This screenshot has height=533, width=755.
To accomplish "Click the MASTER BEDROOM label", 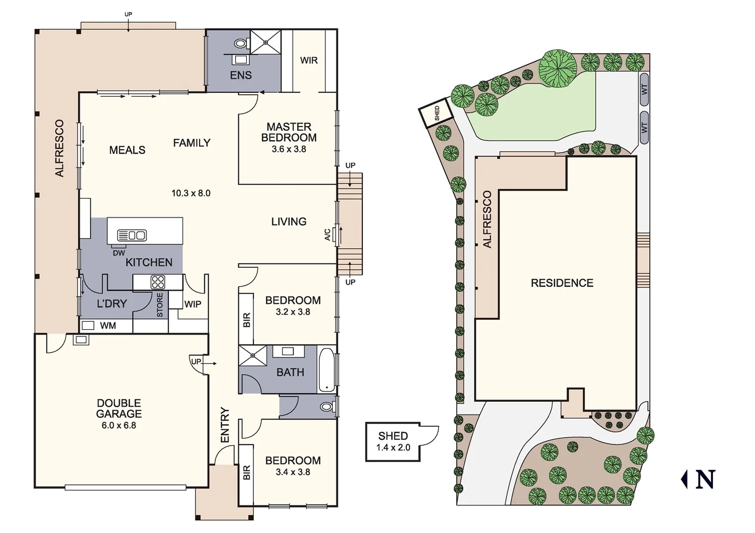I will [x=289, y=132].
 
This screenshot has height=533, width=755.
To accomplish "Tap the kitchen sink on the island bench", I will [x=131, y=235].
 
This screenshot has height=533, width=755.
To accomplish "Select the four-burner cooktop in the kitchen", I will [x=158, y=282].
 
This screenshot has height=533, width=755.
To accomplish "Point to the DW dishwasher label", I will [x=119, y=253].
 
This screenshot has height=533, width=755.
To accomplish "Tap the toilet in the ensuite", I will [x=240, y=43].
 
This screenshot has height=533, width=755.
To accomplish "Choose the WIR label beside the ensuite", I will [x=309, y=60].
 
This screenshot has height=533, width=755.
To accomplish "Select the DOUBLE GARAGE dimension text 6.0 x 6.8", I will [x=119, y=425].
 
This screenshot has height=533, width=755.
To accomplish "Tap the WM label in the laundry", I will [x=108, y=326].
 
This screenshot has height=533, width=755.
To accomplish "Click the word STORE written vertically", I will [x=160, y=305].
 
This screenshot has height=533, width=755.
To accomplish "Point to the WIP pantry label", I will [x=193, y=304].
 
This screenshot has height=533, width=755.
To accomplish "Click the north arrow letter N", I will [x=706, y=479].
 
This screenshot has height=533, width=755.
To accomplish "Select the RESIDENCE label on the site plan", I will [x=562, y=283].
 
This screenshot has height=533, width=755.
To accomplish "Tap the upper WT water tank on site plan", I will [x=644, y=89].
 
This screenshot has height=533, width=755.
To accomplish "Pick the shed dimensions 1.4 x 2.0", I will [x=393, y=448].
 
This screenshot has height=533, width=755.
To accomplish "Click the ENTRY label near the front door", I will [x=225, y=425].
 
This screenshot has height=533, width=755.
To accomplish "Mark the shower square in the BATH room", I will [x=252, y=355].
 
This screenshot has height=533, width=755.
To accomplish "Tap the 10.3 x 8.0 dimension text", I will [x=191, y=193].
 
